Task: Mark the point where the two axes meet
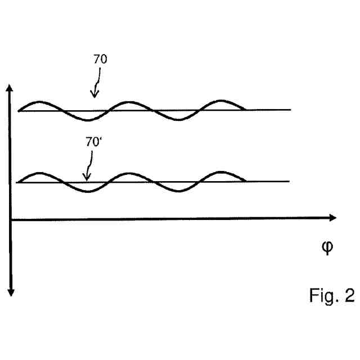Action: click(x=10, y=218)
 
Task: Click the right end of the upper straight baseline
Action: click(x=290, y=110)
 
